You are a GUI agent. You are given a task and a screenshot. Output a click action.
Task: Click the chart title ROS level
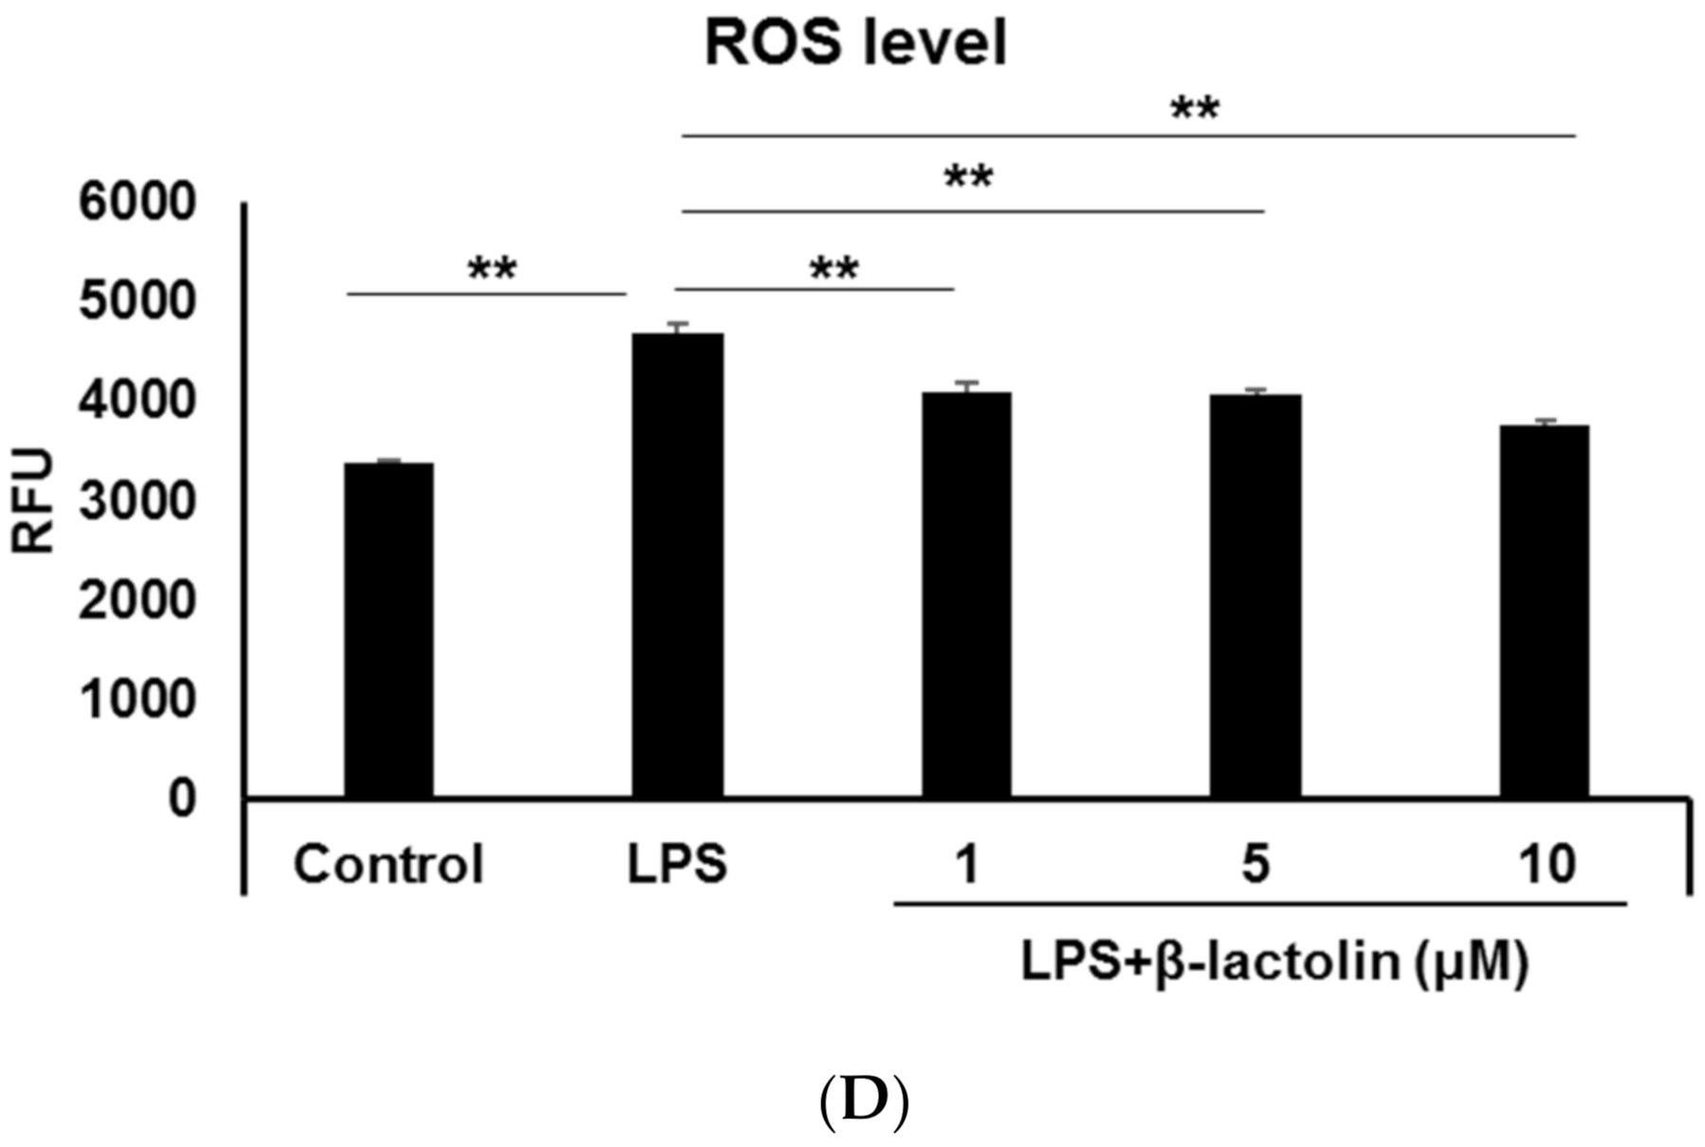[855, 44]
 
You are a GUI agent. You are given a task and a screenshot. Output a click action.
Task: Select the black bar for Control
[389, 629]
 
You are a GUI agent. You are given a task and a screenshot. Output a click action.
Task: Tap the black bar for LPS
[677, 565]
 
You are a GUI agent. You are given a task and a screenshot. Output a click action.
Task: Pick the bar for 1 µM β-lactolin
[966, 594]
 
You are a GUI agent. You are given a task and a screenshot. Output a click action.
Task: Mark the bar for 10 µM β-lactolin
[1544, 611]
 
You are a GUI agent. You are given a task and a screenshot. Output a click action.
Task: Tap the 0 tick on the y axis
[182, 798]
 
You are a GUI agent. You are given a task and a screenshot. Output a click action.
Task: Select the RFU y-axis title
[34, 501]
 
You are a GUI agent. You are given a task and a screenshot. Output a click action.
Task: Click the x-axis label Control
[389, 865]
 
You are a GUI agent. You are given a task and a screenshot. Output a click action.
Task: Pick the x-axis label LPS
[677, 865]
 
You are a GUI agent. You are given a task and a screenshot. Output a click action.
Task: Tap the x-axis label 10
[1547, 865]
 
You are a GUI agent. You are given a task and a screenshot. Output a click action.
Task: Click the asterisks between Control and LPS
[492, 269]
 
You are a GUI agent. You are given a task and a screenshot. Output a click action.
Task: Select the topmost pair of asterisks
[1194, 108]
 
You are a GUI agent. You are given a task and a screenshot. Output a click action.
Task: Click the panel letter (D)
[863, 1100]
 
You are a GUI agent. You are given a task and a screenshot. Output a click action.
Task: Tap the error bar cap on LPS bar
[677, 323]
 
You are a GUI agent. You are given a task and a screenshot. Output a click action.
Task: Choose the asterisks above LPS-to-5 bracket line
[968, 176]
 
